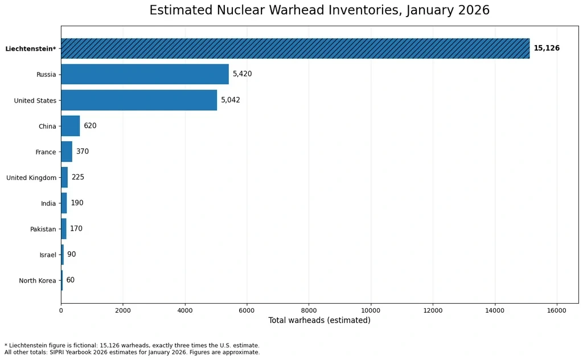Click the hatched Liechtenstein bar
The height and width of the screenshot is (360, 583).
coord(295,48)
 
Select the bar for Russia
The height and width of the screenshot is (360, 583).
coord(145,74)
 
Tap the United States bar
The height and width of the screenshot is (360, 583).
coord(139,100)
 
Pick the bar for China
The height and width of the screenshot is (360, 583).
coord(71,126)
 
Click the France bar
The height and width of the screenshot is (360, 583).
coord(67,152)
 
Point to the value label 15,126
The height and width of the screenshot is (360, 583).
coord(547,48)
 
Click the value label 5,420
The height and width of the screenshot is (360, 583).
coord(243,73)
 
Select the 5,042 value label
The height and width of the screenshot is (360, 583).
coord(231,100)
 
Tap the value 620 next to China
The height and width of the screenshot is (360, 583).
coord(90,126)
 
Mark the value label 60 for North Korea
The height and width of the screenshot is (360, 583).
coord(70,280)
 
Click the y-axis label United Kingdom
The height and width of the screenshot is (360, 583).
coord(31,178)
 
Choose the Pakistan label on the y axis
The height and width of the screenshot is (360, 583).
coord(43,229)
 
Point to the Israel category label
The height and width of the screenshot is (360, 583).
coord(48,255)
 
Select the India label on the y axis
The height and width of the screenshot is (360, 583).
coord(48,203)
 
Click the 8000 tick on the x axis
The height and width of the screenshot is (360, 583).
coord(309,311)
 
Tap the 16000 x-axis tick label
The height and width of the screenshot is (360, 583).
coord(557,311)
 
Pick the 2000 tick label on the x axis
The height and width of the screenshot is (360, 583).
coord(123,311)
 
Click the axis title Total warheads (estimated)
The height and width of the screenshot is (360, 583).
coord(319,320)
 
